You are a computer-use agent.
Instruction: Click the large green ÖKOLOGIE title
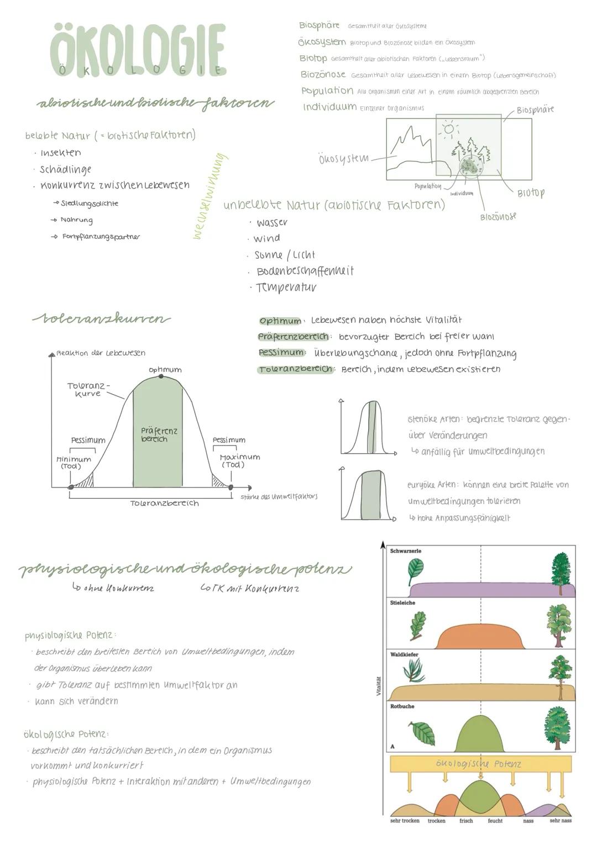138,50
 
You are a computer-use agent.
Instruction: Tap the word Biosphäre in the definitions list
319,25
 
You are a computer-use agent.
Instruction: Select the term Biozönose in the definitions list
323,74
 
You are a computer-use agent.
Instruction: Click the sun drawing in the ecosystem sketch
448,129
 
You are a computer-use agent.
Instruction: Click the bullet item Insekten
60,153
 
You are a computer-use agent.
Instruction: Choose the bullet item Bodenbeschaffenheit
305,271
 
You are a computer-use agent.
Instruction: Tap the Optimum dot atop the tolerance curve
161,376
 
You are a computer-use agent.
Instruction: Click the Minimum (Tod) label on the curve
73,463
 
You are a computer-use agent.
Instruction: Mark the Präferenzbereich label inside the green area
158,434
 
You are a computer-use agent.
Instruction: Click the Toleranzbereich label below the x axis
164,504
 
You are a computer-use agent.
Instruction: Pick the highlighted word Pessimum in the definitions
281,353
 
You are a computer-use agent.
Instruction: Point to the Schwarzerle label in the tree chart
405,551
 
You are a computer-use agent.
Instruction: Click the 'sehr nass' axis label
560,821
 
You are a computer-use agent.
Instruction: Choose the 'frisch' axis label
466,821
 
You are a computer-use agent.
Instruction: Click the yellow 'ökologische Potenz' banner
480,764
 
